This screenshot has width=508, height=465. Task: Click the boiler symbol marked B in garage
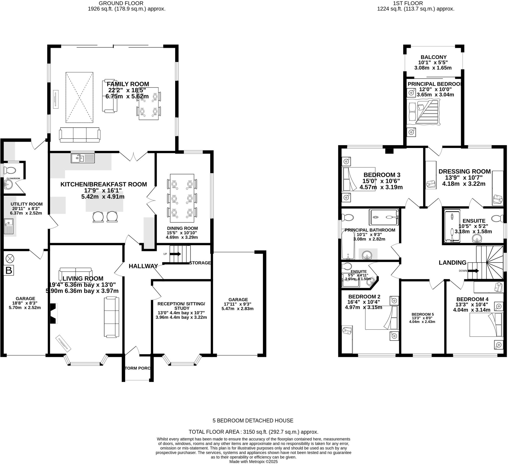click(9, 270)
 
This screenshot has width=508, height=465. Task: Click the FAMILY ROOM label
click(128, 84)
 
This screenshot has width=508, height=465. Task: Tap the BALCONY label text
click(433, 57)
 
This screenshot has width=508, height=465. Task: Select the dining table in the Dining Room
click(182, 198)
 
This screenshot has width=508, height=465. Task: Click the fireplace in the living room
click(53, 313)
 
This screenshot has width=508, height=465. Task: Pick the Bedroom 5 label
click(423, 314)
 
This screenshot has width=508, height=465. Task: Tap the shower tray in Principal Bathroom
click(383, 217)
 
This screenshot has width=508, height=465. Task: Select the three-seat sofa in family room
click(80, 133)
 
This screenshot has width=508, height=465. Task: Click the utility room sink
click(9, 226)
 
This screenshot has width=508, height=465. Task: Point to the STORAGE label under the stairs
click(200, 263)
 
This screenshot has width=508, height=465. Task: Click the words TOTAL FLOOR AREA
click(214, 432)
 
